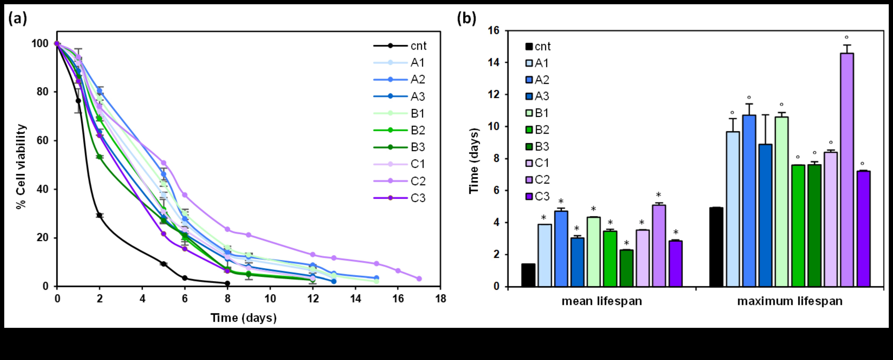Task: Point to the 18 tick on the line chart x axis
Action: [x=440, y=298]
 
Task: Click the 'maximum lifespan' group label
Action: [x=790, y=301]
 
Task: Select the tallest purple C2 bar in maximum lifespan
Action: [x=847, y=170]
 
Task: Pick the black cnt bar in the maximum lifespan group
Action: [x=716, y=247]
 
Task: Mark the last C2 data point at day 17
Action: [x=419, y=279]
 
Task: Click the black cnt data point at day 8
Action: [x=227, y=283]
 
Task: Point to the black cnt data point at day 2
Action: [x=100, y=215]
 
